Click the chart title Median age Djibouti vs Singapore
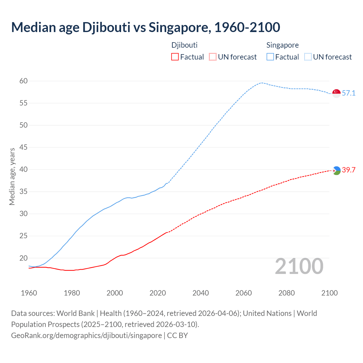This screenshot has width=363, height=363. (x=145, y=28)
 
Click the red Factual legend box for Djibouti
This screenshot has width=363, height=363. (x=175, y=57)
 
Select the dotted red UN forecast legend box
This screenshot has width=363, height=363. (x=213, y=57)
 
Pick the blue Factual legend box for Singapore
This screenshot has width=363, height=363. (x=270, y=57)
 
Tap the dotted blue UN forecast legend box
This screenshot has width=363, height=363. (x=308, y=57)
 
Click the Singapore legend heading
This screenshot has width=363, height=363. (x=282, y=45)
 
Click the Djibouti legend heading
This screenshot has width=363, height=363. (x=184, y=45)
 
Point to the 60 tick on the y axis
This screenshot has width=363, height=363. (x=24, y=81)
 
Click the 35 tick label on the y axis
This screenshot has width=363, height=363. (x=24, y=192)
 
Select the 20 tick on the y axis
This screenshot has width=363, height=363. (x=24, y=258)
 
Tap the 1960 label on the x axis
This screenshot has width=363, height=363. (x=29, y=293)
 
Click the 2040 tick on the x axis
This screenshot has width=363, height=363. (x=201, y=293)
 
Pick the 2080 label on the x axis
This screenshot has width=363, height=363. (x=286, y=293)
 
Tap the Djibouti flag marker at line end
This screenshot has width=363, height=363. (x=336, y=170)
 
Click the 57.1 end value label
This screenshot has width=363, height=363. (x=349, y=93)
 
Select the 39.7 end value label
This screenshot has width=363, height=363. (x=349, y=170)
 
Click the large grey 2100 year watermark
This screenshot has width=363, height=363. (x=299, y=266)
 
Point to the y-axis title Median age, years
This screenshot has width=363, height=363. (x=12, y=176)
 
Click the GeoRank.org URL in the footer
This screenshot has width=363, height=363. (x=86, y=335)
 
